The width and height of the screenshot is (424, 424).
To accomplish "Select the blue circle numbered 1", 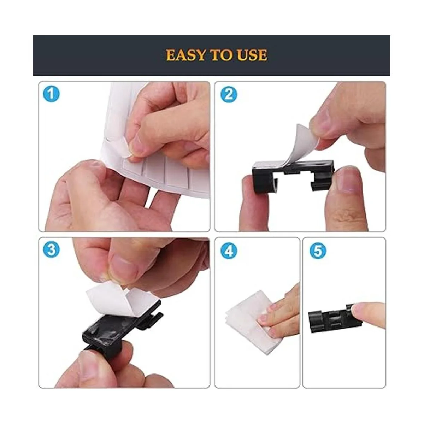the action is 51,94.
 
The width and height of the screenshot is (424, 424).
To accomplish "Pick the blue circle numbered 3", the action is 51,250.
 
